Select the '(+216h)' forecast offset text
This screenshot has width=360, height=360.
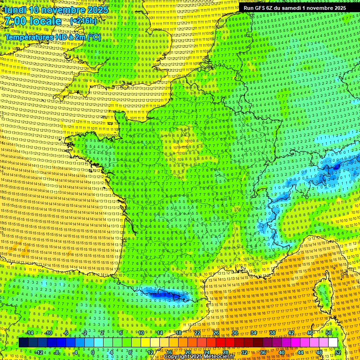click(83, 21)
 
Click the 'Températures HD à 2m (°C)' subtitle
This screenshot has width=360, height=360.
click(53, 37)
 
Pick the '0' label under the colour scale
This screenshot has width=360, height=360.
click(92, 352)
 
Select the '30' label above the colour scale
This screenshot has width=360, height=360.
click(234, 333)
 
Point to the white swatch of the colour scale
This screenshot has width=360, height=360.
click(333, 343)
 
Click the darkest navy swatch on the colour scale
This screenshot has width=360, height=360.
click(23, 343)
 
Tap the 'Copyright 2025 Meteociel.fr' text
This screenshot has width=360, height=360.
click(199, 357)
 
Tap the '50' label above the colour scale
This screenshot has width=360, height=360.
click(329, 333)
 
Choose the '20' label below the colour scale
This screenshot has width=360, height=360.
click(188, 352)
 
